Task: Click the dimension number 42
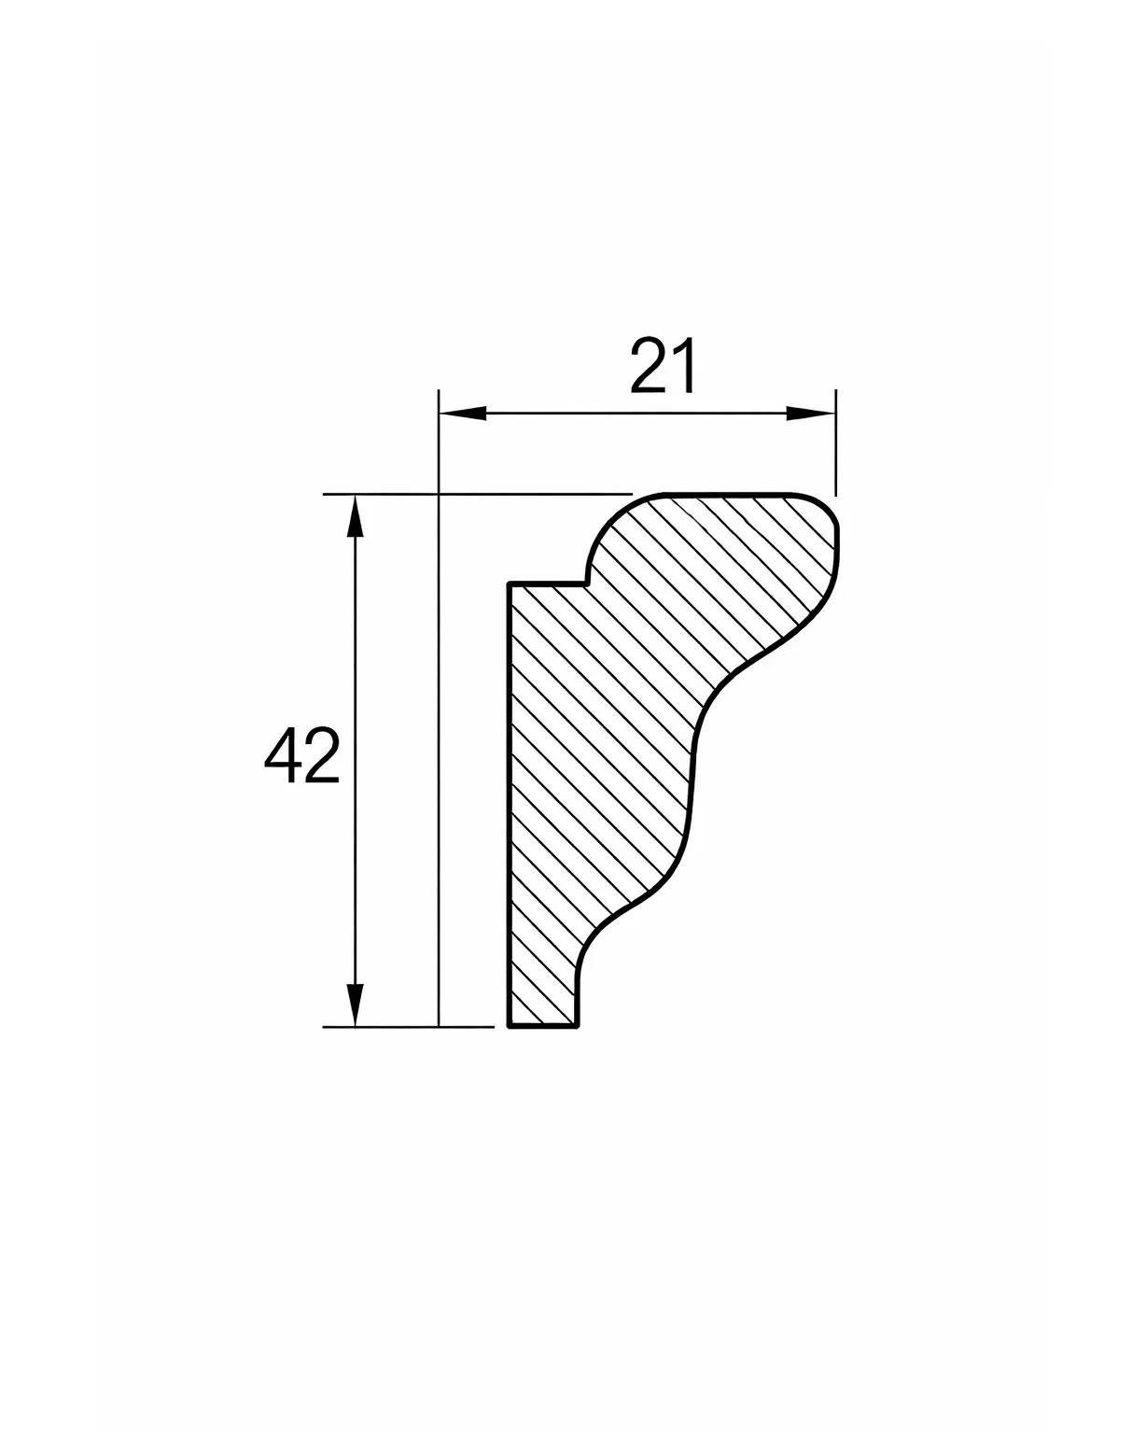[301, 754]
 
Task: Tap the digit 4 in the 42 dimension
[282, 754]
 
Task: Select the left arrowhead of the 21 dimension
[462, 414]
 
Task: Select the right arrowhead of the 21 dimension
[811, 414]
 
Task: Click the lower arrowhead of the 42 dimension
[356, 1005]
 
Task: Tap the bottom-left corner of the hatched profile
[509, 1027]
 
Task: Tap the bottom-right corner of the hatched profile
[577, 1027]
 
